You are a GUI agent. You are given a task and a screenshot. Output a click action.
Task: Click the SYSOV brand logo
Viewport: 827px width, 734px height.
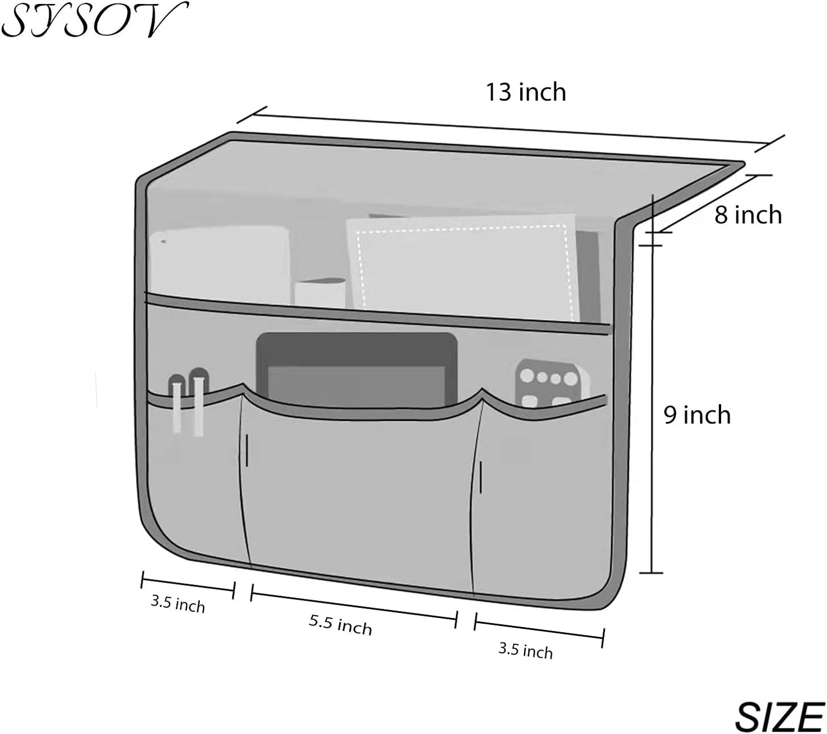pos(94,20)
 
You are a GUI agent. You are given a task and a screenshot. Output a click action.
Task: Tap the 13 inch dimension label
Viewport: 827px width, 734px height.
pos(526,92)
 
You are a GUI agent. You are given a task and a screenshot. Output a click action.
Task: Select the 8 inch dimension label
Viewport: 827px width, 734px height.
pos(748,215)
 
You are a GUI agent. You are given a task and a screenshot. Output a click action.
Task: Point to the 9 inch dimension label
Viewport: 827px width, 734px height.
pos(697,415)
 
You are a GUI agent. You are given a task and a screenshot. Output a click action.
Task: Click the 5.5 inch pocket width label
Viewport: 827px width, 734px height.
pos(341,625)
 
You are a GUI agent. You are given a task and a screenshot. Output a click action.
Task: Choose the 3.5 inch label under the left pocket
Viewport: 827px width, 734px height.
pos(178,604)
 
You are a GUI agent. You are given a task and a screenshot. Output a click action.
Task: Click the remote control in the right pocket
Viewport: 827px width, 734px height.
pos(552,383)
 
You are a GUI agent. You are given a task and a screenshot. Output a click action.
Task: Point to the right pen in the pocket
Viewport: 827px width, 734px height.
pos(199,402)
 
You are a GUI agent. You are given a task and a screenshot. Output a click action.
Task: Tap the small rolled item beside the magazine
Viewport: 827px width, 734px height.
pos(320,293)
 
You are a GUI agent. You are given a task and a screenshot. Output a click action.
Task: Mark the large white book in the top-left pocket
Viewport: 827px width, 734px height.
pos(220,265)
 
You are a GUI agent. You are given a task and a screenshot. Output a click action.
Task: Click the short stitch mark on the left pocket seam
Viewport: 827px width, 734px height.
pos(247,451)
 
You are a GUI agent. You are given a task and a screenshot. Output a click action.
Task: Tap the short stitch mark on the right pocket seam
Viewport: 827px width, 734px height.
pos(481,477)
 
